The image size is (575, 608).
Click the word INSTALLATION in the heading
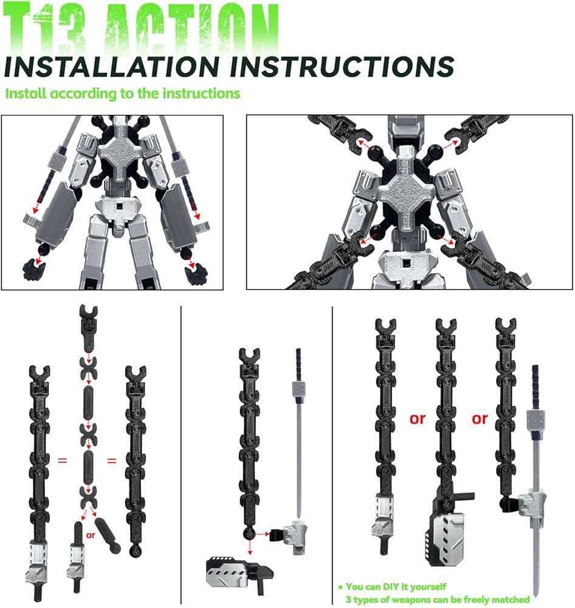tap(112, 66)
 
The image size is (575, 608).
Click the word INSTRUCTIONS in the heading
tap(342, 66)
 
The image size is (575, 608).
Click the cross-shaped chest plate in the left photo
tap(118, 154)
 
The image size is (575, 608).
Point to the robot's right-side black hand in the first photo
tap(196, 272)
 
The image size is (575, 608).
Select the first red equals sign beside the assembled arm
tap(63, 460)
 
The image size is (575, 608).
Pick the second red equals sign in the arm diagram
tap(112, 461)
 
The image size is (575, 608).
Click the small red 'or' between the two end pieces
tap(91, 535)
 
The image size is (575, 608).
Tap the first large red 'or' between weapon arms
tap(418, 419)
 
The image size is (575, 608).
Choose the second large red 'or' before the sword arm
tap(480, 419)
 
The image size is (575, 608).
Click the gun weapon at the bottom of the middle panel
tap(239, 572)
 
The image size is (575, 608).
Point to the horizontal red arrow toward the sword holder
tap(262, 534)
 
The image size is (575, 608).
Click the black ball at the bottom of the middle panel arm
tap(249, 534)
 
